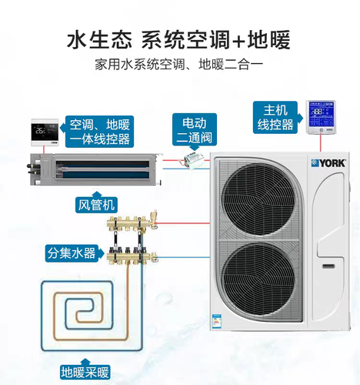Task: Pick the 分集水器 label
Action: pyautogui.click(x=72, y=253)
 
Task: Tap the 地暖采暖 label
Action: pyautogui.click(x=85, y=373)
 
